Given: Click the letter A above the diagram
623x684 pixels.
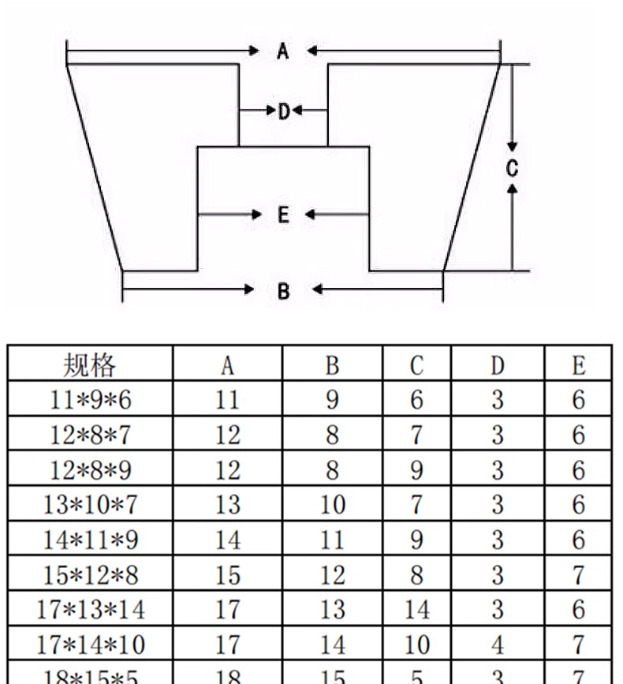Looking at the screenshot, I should [x=283, y=52].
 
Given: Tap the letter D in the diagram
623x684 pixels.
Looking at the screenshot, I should [x=284, y=111].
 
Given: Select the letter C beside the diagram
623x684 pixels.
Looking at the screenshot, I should [x=512, y=167].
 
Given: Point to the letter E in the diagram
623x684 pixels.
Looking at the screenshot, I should [x=284, y=215].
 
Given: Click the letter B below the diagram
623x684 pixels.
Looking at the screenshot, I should [x=284, y=290].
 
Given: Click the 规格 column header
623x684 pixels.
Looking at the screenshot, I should [x=90, y=365].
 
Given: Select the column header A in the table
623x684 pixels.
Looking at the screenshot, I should [x=227, y=365].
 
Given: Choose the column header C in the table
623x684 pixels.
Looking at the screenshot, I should [x=416, y=365].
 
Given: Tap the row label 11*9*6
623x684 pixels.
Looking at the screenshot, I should [x=90, y=400].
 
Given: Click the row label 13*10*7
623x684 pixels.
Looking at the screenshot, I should [x=90, y=504].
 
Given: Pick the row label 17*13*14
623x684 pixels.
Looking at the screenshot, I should [x=90, y=610].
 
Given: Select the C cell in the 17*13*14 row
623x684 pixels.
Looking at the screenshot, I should [x=416, y=610].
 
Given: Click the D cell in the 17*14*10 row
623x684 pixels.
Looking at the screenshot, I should [x=497, y=645].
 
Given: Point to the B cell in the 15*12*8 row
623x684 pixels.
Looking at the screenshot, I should [x=332, y=575].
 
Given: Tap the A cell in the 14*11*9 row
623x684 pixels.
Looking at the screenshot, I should [x=227, y=540].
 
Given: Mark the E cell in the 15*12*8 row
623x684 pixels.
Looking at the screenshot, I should [x=579, y=575].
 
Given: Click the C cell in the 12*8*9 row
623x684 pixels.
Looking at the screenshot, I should [x=416, y=470].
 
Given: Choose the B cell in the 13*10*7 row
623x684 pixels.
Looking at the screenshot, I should [x=332, y=504].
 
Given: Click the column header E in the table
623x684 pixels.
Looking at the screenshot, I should [x=579, y=365].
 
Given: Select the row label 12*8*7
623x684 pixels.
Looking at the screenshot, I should [x=90, y=435].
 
